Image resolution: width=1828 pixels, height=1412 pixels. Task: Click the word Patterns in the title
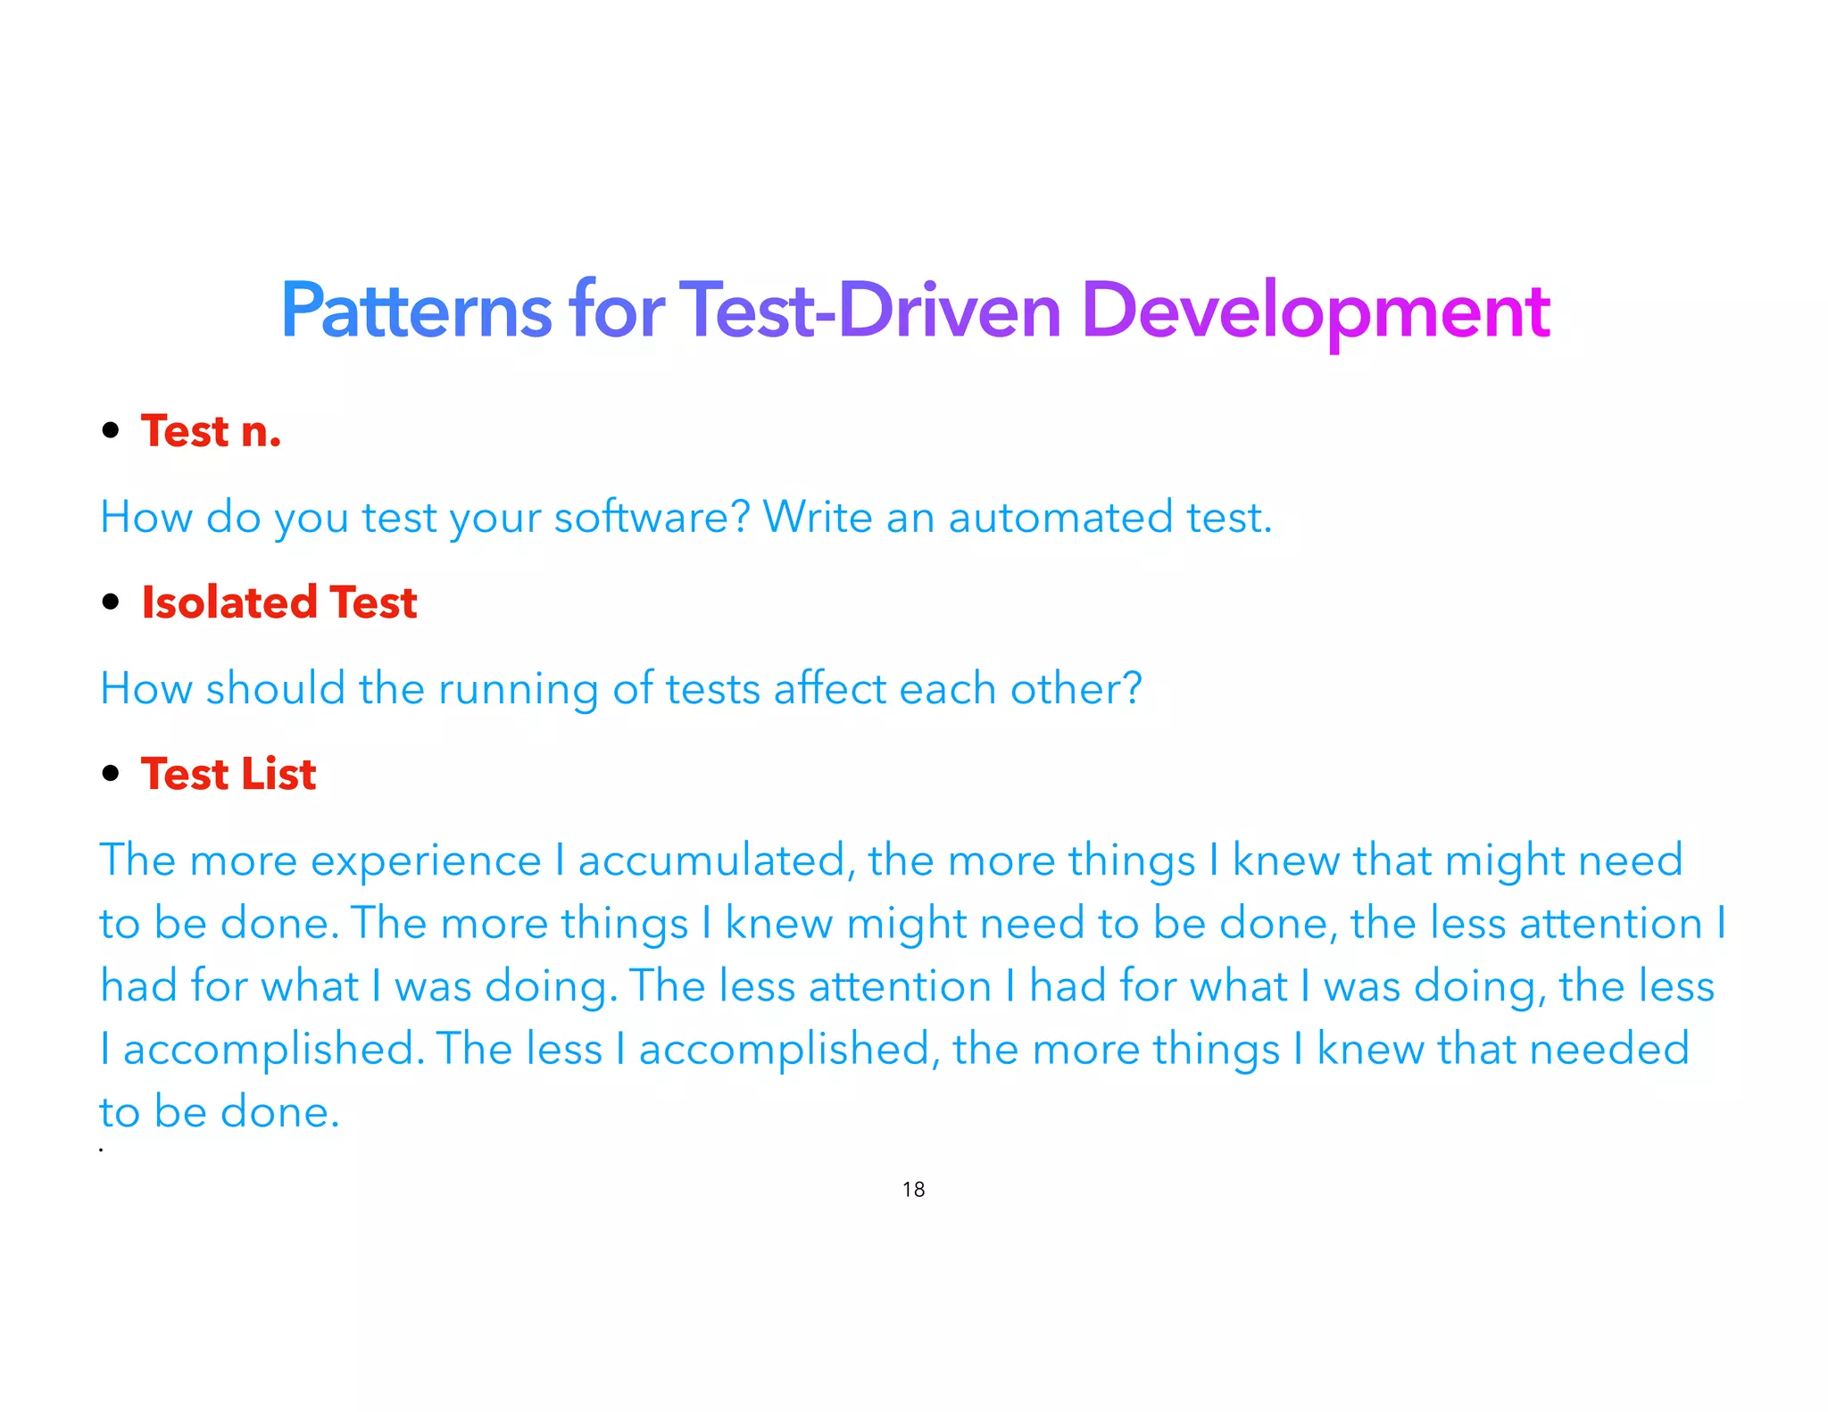point(417,311)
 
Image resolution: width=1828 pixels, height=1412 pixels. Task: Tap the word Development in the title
point(1316,311)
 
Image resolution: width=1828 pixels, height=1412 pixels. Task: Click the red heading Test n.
point(212,432)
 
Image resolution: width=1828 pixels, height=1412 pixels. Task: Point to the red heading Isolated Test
point(279,602)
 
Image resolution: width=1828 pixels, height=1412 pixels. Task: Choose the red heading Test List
point(228,774)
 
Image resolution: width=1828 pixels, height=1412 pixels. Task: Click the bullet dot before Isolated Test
point(111,602)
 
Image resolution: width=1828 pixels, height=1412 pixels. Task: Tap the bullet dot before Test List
point(111,774)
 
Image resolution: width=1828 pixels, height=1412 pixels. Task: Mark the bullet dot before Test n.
point(111,431)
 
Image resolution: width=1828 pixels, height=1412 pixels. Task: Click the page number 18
point(913,1190)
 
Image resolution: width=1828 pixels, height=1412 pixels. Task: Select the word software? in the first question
point(652,518)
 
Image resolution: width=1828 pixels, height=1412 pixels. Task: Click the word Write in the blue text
point(817,518)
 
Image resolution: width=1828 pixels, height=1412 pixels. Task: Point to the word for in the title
point(617,311)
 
